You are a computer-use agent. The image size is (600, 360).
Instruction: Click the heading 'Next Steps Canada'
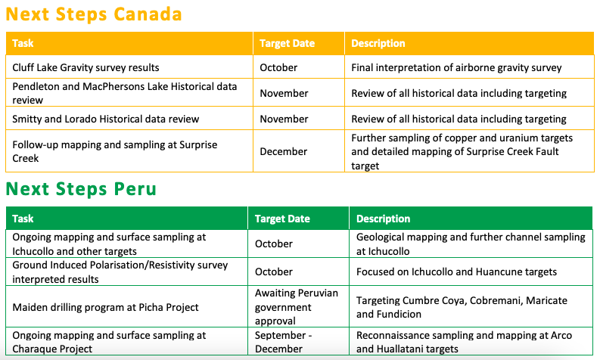94,14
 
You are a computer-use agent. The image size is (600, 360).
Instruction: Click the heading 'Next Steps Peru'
81,189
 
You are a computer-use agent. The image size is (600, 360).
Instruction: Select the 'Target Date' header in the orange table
287,44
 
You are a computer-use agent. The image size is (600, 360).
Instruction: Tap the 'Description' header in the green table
383,219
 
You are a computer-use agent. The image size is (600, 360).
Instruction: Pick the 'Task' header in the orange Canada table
23,43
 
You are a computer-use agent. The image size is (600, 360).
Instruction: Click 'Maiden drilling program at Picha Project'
105,307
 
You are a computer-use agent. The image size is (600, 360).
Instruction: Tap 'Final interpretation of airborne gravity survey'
456,68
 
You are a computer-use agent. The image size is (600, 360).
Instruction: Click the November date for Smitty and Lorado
284,119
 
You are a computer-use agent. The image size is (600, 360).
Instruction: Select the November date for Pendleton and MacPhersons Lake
284,93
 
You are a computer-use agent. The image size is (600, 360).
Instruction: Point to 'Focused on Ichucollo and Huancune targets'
456,272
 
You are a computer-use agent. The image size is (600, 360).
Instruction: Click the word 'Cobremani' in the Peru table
496,300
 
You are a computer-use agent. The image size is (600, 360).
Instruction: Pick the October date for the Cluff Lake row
278,68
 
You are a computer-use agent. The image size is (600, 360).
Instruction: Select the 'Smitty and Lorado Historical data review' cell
106,119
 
